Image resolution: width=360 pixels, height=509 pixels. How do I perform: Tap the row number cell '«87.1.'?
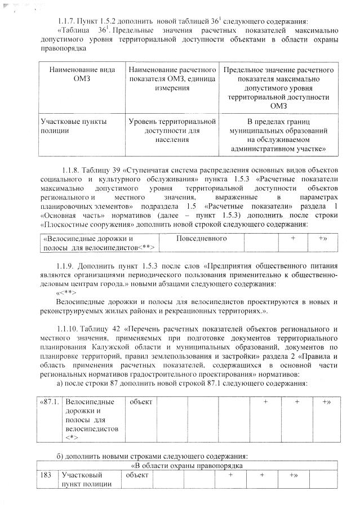pos(49,403)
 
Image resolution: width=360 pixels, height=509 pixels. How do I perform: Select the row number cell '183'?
pos(46,476)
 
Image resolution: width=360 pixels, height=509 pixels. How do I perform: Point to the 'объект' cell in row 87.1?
pos(141,403)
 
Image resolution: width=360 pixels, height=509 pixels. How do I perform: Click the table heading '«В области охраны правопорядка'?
pos(186,466)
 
